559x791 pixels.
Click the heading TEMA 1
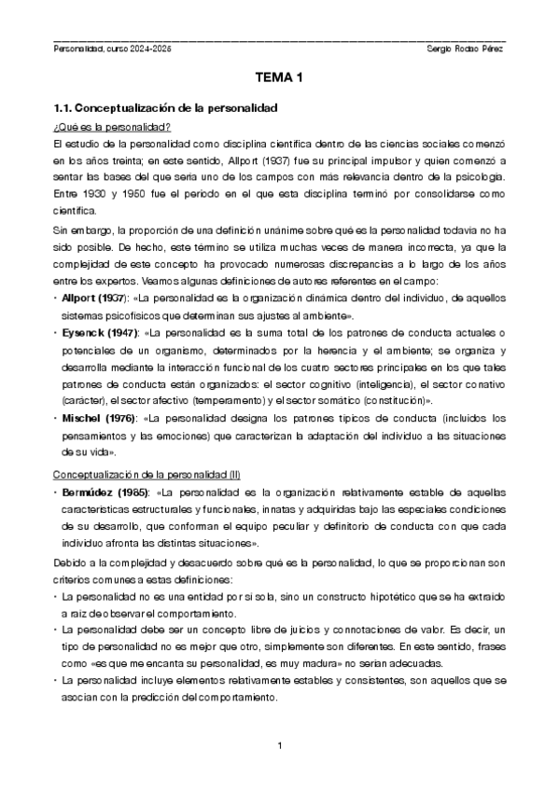pos(279,80)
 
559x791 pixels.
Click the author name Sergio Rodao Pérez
pos(464,49)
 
